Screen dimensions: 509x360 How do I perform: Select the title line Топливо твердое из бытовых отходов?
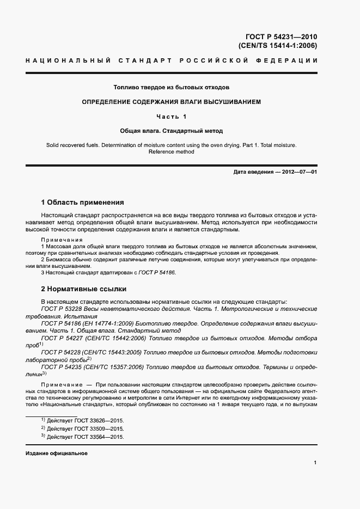[171, 87]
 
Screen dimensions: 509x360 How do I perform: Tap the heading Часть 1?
[171, 116]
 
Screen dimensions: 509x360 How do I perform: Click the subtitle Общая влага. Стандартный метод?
[171, 131]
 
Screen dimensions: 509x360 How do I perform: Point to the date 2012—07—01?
[299, 173]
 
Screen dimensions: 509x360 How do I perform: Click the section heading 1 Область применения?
[83, 202]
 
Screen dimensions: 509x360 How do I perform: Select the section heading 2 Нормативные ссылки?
[83, 289]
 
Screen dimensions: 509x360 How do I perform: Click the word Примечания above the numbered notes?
[62, 240]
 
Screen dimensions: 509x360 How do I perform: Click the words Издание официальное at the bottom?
[57, 453]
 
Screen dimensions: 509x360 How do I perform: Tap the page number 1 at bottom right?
[315, 463]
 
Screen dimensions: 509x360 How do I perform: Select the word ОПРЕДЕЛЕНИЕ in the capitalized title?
[108, 102]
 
